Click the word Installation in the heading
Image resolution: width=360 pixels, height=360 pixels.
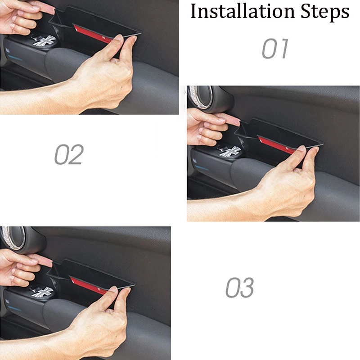pos(243,11)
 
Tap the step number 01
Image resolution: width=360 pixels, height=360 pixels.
pos(275,49)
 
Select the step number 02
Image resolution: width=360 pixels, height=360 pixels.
pos(69,154)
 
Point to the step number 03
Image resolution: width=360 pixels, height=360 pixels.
pos(240,288)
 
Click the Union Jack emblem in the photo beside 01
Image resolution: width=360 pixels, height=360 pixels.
pos(44,40)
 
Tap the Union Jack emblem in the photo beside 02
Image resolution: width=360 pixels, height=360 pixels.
pos(230,152)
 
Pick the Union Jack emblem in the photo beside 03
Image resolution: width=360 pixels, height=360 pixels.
pos(42,292)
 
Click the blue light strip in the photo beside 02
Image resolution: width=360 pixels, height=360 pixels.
pos(202,168)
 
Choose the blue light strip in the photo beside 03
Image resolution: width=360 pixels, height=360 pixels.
pos(14,308)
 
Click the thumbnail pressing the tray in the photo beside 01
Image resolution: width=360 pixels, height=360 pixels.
pos(119,37)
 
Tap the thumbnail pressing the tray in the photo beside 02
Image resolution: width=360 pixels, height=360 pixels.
pos(301,148)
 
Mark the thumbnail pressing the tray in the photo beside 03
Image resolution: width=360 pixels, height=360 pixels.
pos(113,289)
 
